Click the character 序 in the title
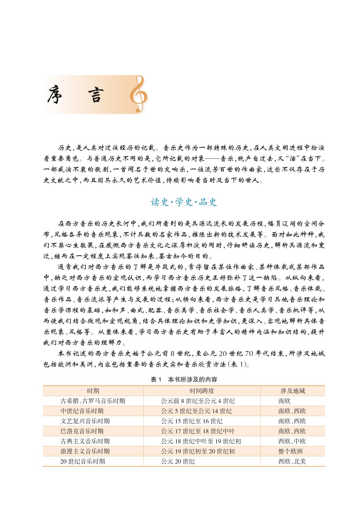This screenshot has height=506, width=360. coord(55,95)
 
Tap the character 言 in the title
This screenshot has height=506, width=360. coord(92,95)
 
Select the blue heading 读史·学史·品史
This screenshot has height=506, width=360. coord(184,202)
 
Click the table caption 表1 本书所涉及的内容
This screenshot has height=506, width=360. coord(184,380)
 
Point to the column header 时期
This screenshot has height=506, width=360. coord(93,391)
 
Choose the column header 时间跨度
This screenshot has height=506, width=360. coord(202,391)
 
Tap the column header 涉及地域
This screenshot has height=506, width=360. coord(292,391)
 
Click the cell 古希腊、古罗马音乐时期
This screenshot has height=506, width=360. coord(93,401)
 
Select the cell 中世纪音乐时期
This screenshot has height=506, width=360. coord(82,411)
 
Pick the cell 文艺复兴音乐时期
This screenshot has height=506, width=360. coord(85,421)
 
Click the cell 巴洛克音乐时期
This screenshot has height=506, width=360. coord(82,431)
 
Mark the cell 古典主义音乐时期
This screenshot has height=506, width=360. coord(85,441)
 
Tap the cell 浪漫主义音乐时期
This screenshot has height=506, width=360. coord(85,451)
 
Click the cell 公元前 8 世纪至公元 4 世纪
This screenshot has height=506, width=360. coord(198,401)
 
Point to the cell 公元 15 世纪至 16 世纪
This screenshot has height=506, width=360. coord(192,421)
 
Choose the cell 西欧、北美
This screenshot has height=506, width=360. coord(292,461)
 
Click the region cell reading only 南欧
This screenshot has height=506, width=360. coord(285,401)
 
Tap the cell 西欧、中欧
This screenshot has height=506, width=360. coord(292,441)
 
